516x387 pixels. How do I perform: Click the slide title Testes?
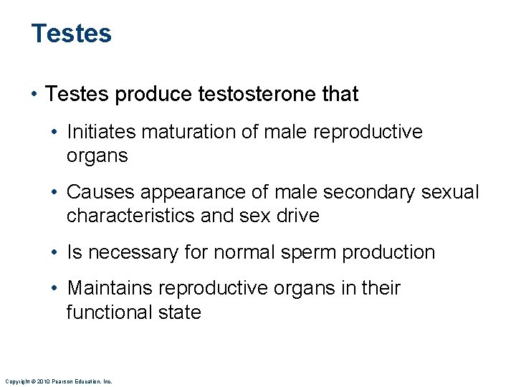point(72,34)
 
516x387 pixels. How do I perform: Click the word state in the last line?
point(181,312)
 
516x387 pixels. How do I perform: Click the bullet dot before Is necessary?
point(55,252)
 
